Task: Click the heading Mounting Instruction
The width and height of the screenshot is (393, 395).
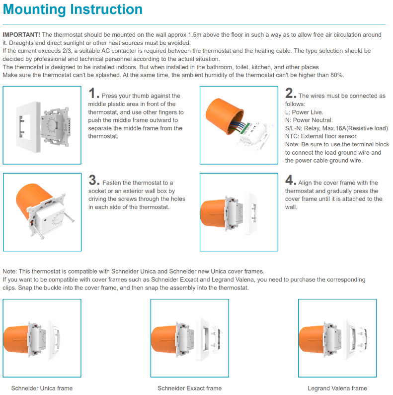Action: click(x=73, y=9)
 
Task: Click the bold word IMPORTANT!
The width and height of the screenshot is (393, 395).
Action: click(x=21, y=34)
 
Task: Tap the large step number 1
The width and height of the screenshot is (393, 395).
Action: click(x=93, y=93)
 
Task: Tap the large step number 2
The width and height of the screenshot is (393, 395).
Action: click(x=291, y=93)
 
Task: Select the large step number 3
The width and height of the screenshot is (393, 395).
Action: click(x=93, y=180)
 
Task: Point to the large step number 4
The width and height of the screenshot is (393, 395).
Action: click(x=291, y=180)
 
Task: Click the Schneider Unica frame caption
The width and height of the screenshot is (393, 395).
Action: click(x=42, y=388)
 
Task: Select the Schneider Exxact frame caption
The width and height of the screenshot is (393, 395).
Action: click(x=189, y=388)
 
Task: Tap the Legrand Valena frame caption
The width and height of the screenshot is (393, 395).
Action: click(x=337, y=388)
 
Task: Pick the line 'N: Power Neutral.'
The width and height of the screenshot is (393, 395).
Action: click(x=309, y=120)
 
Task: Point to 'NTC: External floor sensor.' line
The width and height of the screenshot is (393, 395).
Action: click(x=321, y=136)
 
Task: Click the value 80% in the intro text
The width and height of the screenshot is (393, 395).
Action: click(x=336, y=75)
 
